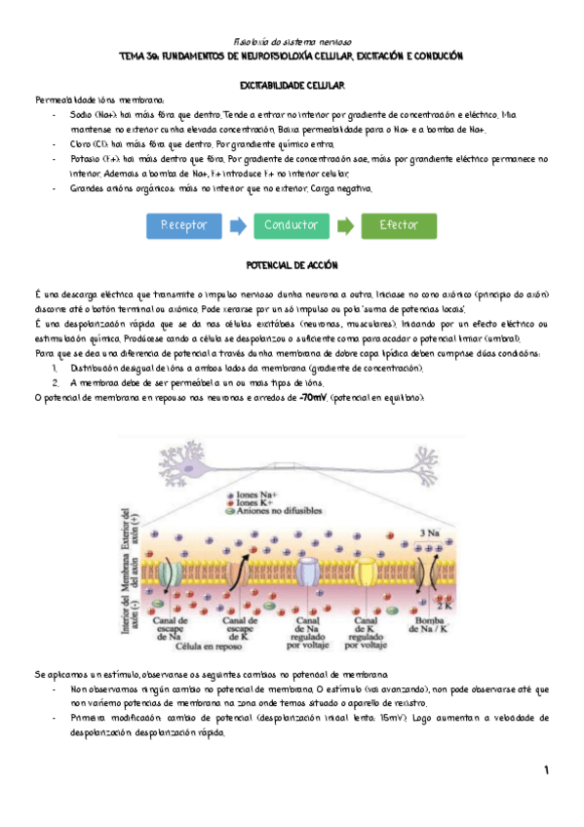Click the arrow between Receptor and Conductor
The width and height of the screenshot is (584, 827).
point(237,225)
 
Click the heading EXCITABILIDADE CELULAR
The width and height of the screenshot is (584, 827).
point(292,86)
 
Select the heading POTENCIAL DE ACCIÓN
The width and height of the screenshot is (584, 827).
point(292,265)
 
